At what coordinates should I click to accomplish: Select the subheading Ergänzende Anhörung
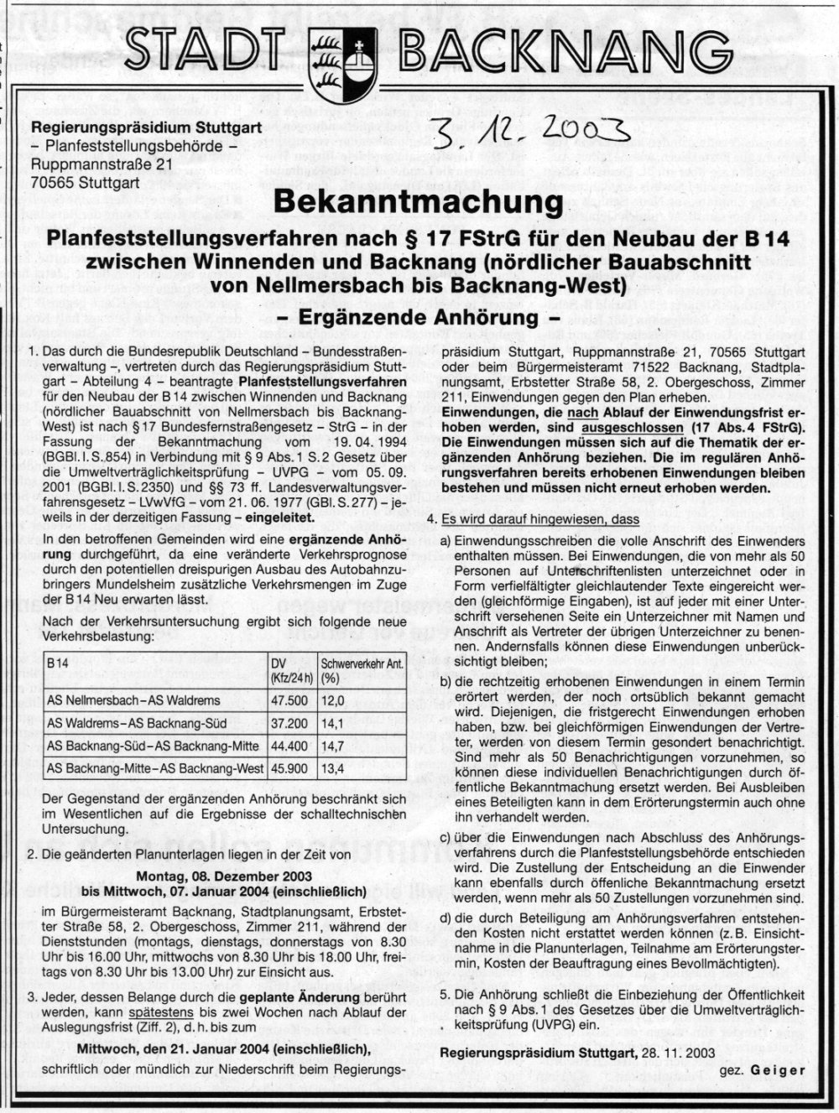pyautogui.click(x=418, y=318)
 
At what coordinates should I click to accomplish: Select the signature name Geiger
pyautogui.click(x=778, y=1069)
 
